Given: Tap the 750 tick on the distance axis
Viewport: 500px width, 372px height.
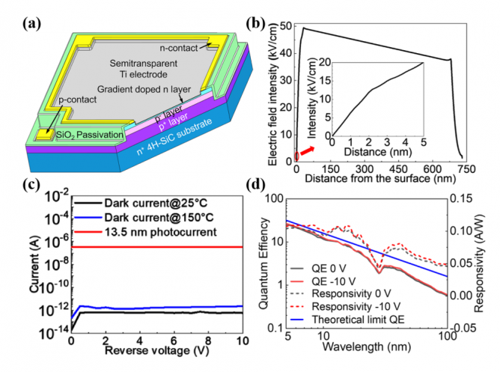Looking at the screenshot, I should coord(464,168).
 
